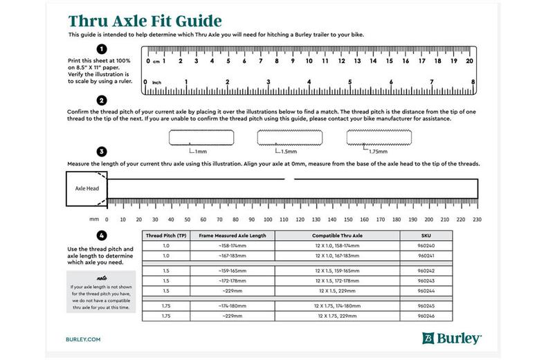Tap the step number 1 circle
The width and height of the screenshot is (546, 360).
102,48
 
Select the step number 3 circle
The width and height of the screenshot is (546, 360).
102,151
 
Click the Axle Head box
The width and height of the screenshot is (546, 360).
86,188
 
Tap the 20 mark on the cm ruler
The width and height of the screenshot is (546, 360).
469,61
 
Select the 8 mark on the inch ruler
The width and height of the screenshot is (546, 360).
473,82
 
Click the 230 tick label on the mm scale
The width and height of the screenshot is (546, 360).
475,219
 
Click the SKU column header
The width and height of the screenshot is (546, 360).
426,235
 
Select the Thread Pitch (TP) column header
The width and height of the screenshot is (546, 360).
165,235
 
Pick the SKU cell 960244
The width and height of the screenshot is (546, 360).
426,290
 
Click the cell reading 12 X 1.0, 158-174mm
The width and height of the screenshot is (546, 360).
337,245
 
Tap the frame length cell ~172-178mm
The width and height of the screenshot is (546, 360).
233,280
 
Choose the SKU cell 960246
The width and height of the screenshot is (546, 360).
426,316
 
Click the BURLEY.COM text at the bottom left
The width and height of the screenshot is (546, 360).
85,340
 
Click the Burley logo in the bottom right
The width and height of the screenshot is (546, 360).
452,339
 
